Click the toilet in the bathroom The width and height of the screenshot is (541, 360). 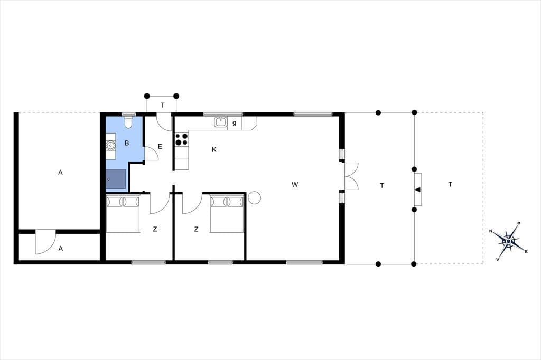[x=128, y=122]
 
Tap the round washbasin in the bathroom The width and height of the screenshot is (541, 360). [x=110, y=146]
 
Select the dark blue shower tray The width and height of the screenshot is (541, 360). [x=116, y=179]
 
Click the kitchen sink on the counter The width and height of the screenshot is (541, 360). [x=220, y=122]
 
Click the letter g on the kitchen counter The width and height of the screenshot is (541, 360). [x=234, y=123]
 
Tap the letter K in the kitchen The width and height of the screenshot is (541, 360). [x=214, y=149]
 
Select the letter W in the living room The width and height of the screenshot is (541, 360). [x=295, y=184]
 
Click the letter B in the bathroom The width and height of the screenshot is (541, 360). [x=127, y=143]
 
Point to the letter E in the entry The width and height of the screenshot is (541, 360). [x=160, y=147]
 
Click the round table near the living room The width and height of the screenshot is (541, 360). [x=254, y=197]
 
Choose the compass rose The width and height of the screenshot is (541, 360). [x=508, y=241]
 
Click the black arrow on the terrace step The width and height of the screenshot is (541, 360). [x=417, y=190]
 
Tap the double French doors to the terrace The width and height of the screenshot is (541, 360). [x=351, y=176]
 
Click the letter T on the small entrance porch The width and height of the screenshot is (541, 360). [x=163, y=105]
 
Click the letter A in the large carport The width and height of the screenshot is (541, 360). [x=60, y=173]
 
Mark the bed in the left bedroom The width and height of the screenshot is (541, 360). [x=123, y=213]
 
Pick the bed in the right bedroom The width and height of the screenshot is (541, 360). [x=227, y=213]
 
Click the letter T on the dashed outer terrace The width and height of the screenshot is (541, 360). [x=450, y=184]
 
